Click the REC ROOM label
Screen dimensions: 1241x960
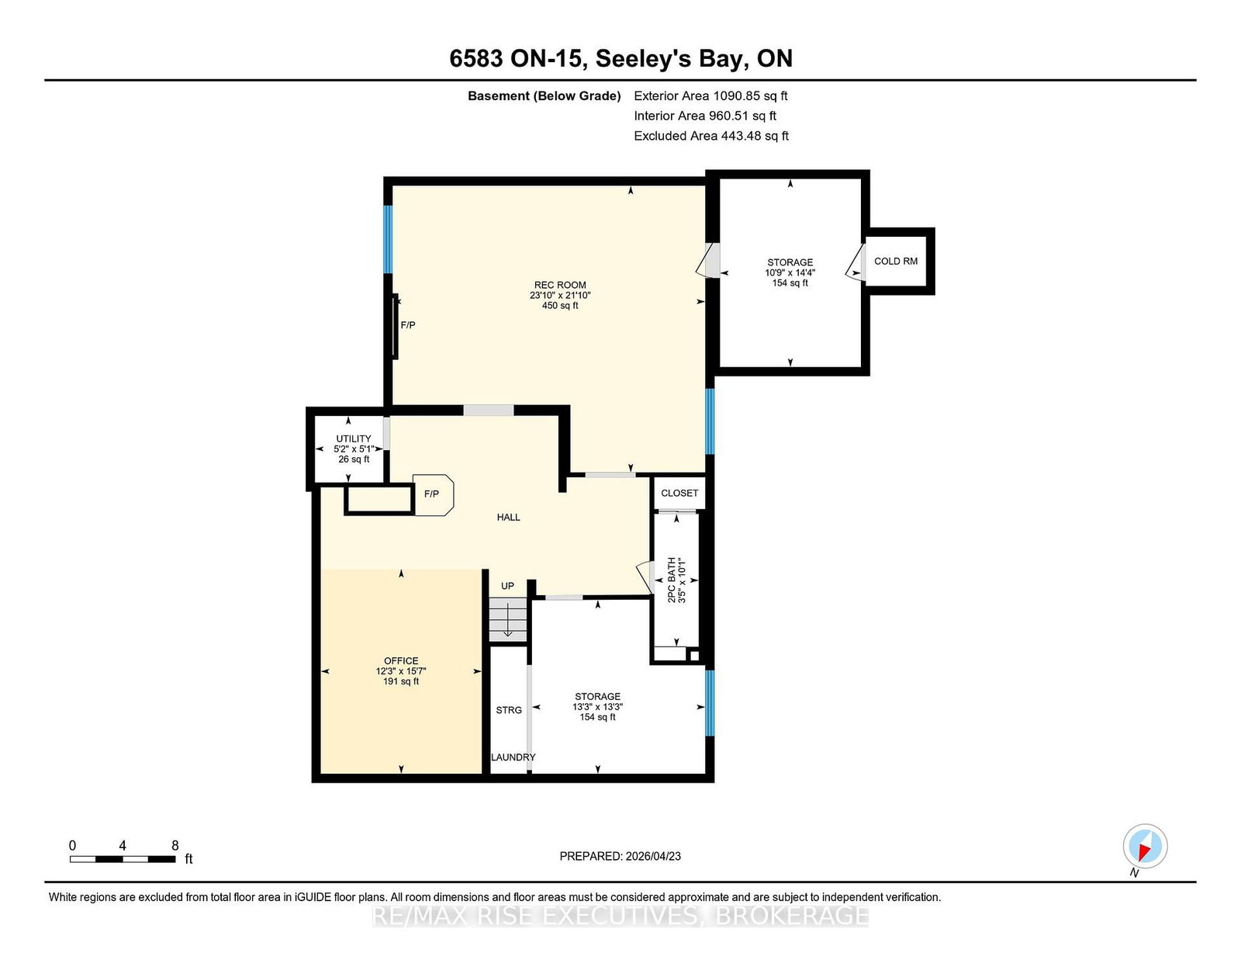point(560,285)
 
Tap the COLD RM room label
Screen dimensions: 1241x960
point(896,261)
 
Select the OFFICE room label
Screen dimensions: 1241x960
point(401,660)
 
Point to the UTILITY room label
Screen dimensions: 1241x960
point(354,438)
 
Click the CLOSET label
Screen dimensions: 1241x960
point(679,493)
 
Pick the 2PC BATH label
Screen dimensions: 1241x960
point(672,580)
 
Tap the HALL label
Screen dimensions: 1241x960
point(508,517)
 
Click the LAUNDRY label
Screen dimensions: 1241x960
point(513,757)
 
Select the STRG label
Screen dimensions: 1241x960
point(509,709)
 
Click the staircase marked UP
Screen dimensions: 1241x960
point(508,619)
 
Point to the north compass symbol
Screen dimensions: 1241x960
point(1145,846)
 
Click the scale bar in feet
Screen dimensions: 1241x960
point(123,859)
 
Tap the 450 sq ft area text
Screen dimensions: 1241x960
point(560,306)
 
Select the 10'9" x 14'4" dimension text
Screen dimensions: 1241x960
point(790,272)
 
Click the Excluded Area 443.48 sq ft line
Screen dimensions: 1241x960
point(711,136)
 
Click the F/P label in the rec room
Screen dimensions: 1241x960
point(408,325)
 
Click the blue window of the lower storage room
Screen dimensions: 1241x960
point(710,703)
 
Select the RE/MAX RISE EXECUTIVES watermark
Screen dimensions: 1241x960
point(620,916)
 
